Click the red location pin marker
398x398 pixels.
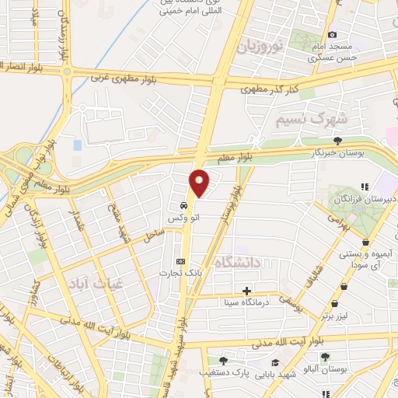click(x=200, y=182)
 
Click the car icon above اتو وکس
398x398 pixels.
click(x=183, y=205)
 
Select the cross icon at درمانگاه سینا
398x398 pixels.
click(x=247, y=290)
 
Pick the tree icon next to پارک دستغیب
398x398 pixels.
click(x=223, y=361)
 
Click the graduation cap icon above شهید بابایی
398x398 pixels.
click(x=275, y=362)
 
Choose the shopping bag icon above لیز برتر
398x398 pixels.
click(x=334, y=304)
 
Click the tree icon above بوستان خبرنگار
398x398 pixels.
click(x=337, y=141)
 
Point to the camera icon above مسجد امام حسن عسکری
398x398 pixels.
click(x=333, y=34)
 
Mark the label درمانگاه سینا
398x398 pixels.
click(x=247, y=302)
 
